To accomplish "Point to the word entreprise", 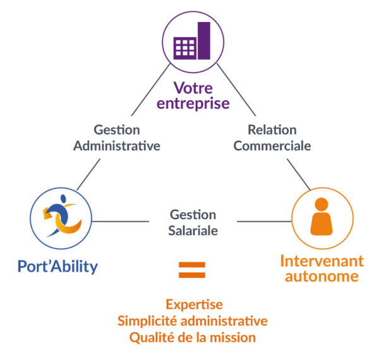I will click(x=193, y=103).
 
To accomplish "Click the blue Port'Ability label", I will click(x=58, y=266).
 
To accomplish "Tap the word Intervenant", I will click(x=322, y=261).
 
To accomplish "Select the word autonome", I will click(x=322, y=277).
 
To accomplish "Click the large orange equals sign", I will click(x=192, y=270).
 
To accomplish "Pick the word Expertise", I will click(x=193, y=304).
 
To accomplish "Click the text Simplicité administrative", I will click(x=193, y=321).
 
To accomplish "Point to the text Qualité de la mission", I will click(x=193, y=337).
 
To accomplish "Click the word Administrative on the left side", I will click(x=117, y=146).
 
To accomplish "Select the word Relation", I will click(x=272, y=130).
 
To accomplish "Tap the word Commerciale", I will click(x=272, y=146).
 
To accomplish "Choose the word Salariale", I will click(x=193, y=231).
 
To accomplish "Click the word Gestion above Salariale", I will click(x=193, y=215).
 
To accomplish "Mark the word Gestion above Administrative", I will click(x=117, y=130).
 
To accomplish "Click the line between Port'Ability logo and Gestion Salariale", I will click(x=120, y=222).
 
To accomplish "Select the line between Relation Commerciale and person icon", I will click(x=298, y=174).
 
